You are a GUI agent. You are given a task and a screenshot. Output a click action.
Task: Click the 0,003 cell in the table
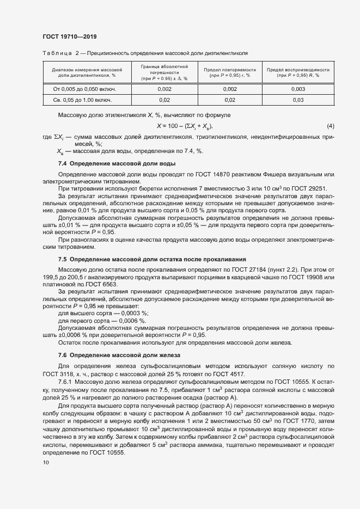pyautogui.click(x=298, y=88)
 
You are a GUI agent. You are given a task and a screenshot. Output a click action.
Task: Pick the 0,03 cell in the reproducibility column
pyautogui.click(x=298, y=100)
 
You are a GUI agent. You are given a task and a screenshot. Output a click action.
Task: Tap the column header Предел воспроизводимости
pyautogui.click(x=298, y=70)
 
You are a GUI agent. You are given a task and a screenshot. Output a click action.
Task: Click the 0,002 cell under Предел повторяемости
pyautogui.click(x=229, y=88)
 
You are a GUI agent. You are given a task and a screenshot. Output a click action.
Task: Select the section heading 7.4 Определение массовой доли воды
pyautogui.click(x=116, y=163)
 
